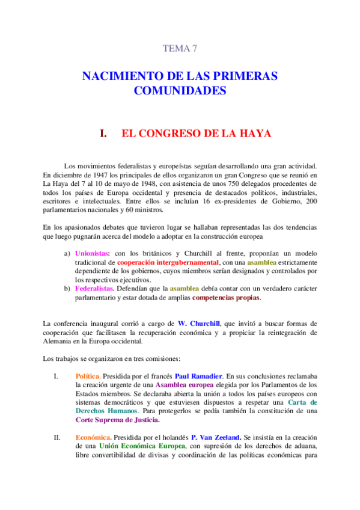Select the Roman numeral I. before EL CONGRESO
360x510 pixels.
tap(103, 133)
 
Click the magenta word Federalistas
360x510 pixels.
tap(94, 289)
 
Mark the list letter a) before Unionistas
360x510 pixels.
tap(67, 253)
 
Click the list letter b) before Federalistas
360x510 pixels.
tap(67, 289)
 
